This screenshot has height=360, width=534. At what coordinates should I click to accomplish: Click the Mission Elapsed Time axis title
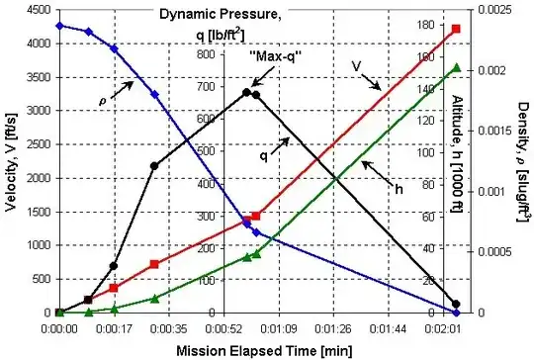click(262, 349)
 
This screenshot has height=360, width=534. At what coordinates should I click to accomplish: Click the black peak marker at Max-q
click(247, 92)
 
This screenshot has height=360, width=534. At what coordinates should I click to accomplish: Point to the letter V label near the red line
click(354, 65)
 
